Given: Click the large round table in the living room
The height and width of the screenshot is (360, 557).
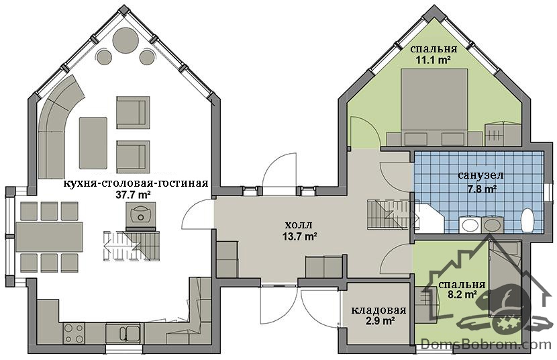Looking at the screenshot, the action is click(125, 41).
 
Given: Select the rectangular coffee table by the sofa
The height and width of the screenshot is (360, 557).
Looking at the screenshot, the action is click(93, 143).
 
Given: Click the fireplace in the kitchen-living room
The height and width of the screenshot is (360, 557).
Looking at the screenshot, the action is click(141, 214).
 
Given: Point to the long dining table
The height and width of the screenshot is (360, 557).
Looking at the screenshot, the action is click(50, 237).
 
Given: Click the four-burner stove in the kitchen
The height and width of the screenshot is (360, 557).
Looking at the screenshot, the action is click(74, 333).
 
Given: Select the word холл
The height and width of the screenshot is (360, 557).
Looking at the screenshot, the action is click(299, 225).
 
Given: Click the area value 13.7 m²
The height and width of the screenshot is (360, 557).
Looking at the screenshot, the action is click(300, 236).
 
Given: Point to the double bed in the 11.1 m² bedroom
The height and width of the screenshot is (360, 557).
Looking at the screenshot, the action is click(434, 107).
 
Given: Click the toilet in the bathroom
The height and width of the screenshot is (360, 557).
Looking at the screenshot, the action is click(527, 220).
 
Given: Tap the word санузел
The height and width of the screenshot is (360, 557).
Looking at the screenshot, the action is click(480, 176).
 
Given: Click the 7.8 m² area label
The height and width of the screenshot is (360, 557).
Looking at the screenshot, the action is click(481, 189).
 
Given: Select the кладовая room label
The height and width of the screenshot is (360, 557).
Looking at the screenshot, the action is click(378, 310).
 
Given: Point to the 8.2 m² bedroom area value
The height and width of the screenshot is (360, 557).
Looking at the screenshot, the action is click(462, 294).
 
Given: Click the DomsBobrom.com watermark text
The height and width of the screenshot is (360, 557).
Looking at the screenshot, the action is click(486, 344).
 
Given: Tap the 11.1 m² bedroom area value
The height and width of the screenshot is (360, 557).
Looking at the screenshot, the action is click(434, 59).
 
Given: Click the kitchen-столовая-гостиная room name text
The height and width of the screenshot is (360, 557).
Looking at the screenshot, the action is click(136, 183).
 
